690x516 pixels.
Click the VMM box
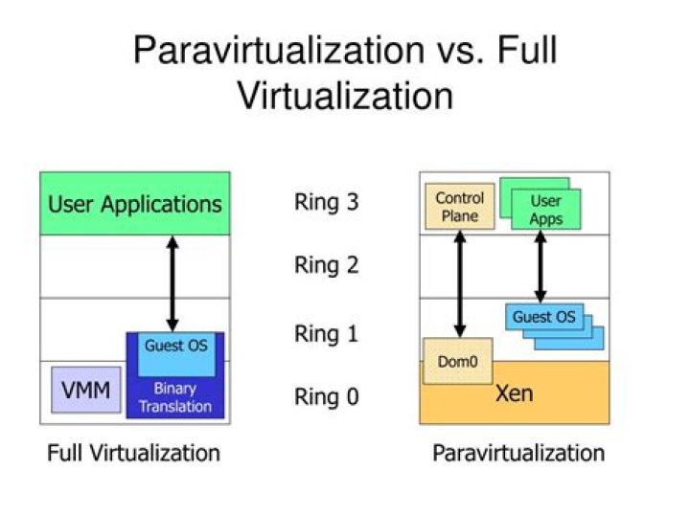tap(86, 390)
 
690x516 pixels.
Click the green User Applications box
tap(135, 204)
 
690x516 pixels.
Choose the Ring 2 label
tap(326, 265)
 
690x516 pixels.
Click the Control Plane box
tap(460, 206)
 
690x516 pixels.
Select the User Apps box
tap(545, 210)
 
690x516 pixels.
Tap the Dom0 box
tap(456, 361)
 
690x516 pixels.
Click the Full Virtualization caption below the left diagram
tap(133, 452)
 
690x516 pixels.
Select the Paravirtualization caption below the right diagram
tap(518, 452)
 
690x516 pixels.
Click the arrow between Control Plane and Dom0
tap(460, 283)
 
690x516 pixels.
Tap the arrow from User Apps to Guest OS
tap(540, 266)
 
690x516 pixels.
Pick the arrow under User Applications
tap(172, 283)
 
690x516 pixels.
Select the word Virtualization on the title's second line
tap(344, 96)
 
